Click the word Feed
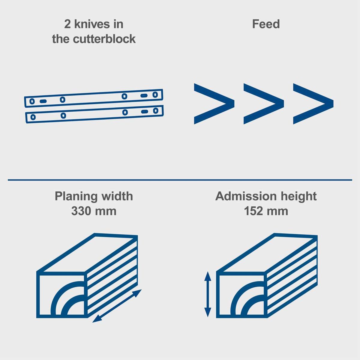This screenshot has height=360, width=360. pyautogui.click(x=266, y=24)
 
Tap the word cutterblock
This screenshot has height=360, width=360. pyautogui.click(x=105, y=39)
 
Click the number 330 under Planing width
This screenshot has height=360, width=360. pyautogui.click(x=81, y=211)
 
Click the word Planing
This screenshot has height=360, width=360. pyautogui.click(x=76, y=196)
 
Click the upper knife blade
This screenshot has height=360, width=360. pyautogui.click(x=94, y=98)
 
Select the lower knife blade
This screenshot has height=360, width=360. pyautogui.click(x=94, y=114)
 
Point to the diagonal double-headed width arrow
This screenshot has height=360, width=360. pyautogui.click(x=117, y=306)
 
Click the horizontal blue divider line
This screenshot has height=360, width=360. pyautogui.click(x=180, y=180)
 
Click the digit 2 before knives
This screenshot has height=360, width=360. pyautogui.click(x=67, y=24)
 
